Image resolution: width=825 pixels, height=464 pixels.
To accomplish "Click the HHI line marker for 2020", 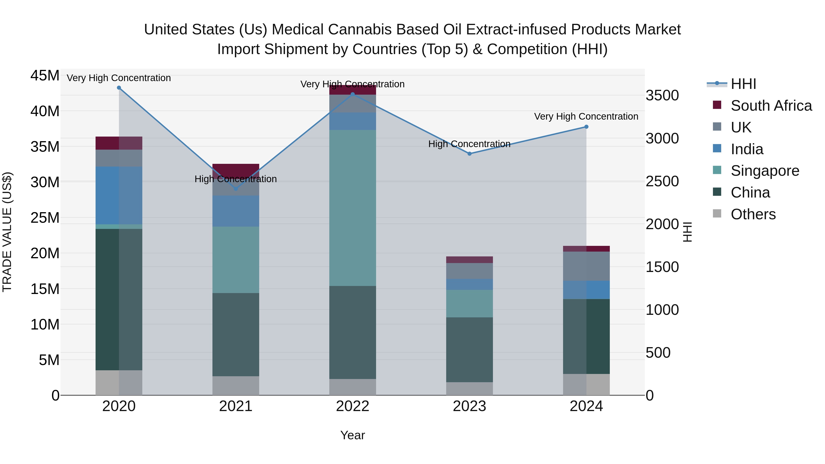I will click(119, 88).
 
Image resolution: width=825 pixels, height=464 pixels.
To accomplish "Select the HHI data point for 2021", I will click(236, 189).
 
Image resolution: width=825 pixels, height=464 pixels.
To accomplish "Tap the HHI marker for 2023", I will click(470, 154).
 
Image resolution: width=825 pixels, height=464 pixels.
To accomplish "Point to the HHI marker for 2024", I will click(586, 127).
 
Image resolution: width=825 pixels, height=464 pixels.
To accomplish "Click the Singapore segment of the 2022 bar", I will click(353, 208).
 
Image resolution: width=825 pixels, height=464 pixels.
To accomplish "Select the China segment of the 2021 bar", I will click(236, 335).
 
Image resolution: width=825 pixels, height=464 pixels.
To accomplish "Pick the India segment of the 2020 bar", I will click(119, 195).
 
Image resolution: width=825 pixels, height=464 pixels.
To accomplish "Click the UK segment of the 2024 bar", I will click(586, 266).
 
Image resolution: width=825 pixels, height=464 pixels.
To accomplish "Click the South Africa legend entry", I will click(771, 106).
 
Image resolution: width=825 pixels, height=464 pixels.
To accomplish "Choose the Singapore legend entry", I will click(765, 171).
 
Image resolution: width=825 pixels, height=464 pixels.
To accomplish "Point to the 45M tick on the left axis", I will click(45, 76).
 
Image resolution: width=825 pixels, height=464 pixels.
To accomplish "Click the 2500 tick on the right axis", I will click(662, 181).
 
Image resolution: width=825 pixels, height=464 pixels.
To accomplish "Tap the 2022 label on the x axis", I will click(353, 406).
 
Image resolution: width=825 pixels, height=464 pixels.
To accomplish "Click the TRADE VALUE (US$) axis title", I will click(7, 232).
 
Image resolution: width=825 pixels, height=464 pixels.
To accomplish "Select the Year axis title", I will click(353, 435).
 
